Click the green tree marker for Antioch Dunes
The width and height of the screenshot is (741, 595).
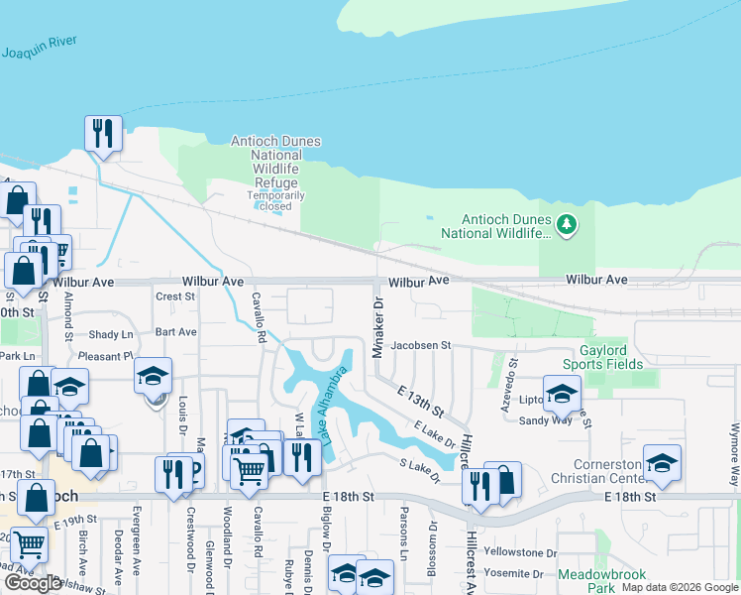point(567,225)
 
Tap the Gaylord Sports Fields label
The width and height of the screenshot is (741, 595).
point(611,357)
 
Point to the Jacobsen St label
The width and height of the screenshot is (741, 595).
point(420,346)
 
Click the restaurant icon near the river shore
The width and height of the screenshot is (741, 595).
point(103,133)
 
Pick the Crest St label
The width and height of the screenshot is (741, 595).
point(175,297)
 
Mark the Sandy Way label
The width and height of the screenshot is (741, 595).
point(546,419)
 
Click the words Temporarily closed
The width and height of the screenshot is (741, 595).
point(275,201)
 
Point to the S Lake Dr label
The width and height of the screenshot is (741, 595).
point(419,471)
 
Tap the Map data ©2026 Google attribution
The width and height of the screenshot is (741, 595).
point(680,587)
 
